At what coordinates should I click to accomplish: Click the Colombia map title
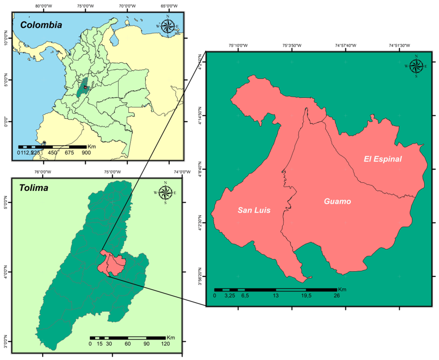pyautogui.click(x=41, y=25)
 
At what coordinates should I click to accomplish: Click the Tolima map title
pyautogui.click(x=34, y=188)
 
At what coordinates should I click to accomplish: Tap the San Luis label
pyautogui.click(x=254, y=211)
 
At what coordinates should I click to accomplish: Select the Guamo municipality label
pyautogui.click(x=337, y=202)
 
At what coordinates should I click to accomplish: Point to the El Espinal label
pyautogui.click(x=383, y=159)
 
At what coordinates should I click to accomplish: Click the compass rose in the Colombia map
pyautogui.click(x=168, y=26)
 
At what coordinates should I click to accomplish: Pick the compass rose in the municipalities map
pyautogui.click(x=416, y=66)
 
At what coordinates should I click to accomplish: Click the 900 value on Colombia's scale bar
pyautogui.click(x=86, y=153)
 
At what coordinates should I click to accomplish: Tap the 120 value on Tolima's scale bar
pyautogui.click(x=165, y=344)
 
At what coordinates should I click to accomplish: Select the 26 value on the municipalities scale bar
pyautogui.click(x=337, y=295)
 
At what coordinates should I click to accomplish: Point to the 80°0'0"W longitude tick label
pyautogui.click(x=44, y=7)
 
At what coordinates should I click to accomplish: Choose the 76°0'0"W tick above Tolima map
pyautogui.click(x=43, y=172)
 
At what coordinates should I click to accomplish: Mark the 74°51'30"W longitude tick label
pyautogui.click(x=398, y=46)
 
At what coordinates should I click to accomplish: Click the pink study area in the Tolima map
pyautogui.click(x=110, y=264)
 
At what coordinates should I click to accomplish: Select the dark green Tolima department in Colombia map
pyautogui.click(x=82, y=89)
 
